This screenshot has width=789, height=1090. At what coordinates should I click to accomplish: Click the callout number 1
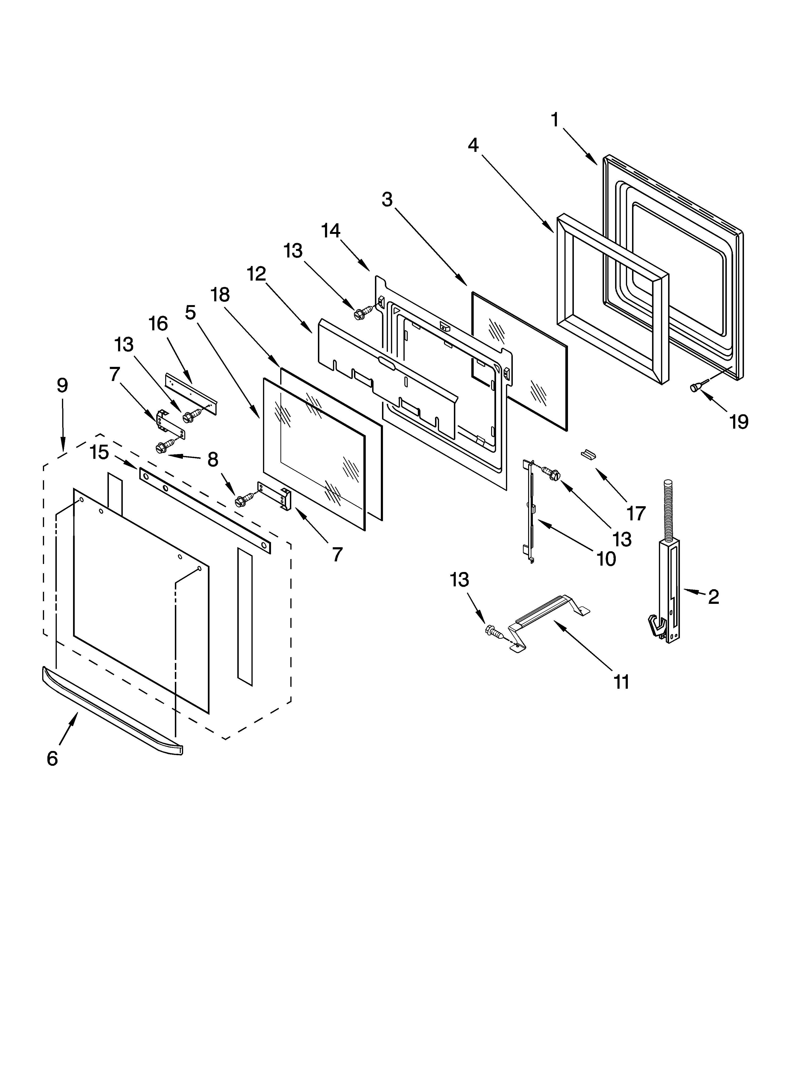[x=555, y=120]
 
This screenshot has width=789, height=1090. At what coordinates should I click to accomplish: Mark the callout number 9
[x=62, y=385]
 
